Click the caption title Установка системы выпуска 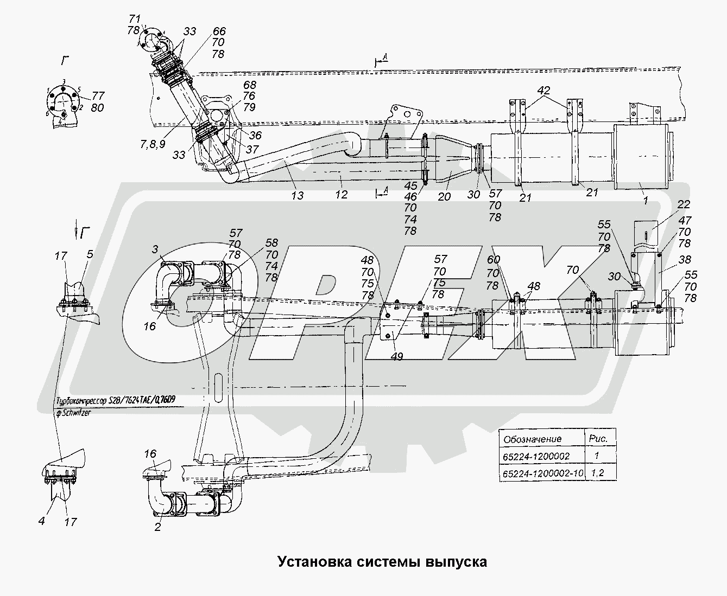382,561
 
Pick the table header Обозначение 533,439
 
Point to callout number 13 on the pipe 297,195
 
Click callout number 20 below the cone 444,196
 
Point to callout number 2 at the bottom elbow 157,527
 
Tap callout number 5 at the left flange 90,253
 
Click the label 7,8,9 153,144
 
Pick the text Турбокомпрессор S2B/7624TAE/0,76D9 115,401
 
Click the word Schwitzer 76,413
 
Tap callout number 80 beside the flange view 97,107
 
